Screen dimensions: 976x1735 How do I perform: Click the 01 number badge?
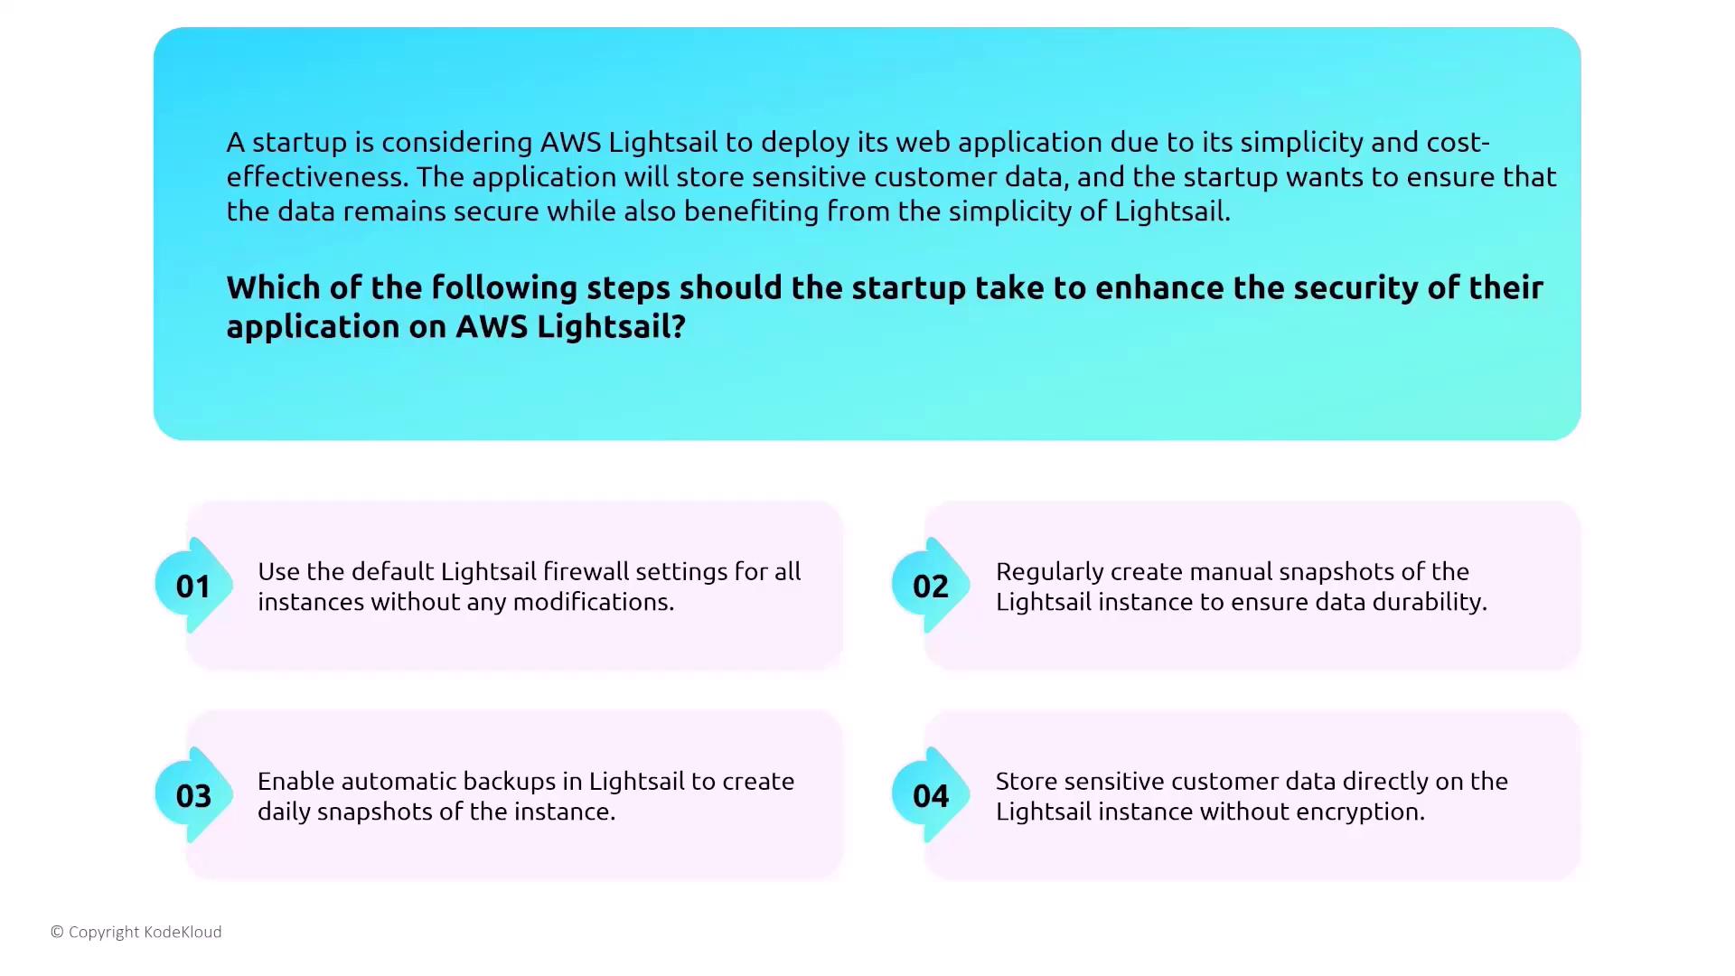pyautogui.click(x=192, y=586)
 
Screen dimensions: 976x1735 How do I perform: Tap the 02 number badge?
pyautogui.click(x=930, y=586)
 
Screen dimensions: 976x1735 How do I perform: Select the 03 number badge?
pyautogui.click(x=192, y=795)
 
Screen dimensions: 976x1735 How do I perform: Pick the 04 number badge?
pyautogui.click(x=930, y=795)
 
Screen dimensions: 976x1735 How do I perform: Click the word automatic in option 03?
pyautogui.click(x=397, y=781)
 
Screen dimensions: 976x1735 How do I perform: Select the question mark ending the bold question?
pyautogui.click(x=679, y=326)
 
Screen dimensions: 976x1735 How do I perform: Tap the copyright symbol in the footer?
pyautogui.click(x=57, y=932)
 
